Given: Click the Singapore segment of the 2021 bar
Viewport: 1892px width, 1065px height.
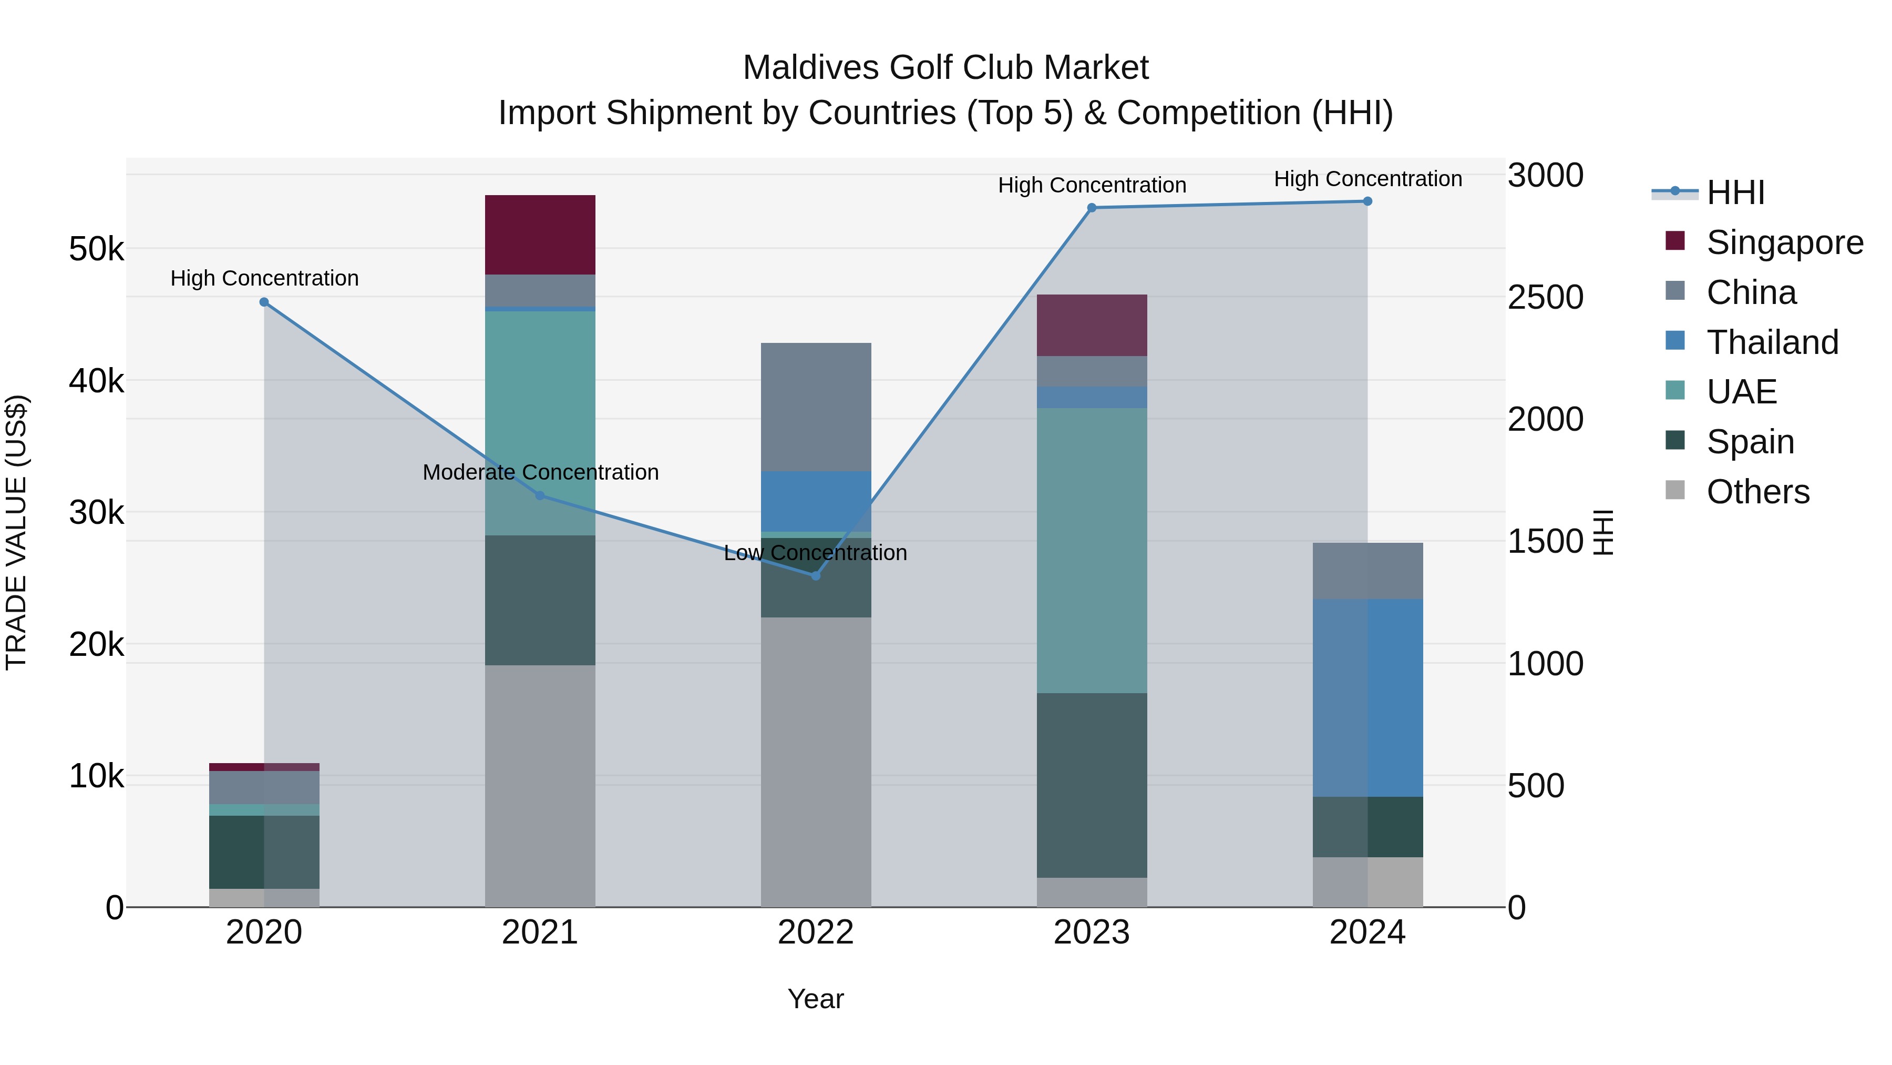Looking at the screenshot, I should pos(540,235).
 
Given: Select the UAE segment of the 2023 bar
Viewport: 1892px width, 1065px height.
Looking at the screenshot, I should pos(1092,551).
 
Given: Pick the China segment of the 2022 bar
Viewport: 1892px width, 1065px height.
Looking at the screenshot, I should pos(816,407).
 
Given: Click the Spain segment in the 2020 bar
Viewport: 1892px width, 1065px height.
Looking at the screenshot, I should pos(264,852).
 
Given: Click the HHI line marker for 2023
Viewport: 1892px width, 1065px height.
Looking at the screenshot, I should pos(1092,208).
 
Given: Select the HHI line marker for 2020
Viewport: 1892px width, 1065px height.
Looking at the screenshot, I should pos(264,302).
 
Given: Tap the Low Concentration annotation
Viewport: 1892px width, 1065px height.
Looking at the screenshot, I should pos(815,553).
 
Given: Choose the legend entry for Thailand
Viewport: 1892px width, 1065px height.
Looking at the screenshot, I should pos(1772,342).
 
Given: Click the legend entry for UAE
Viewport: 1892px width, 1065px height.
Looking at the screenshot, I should pos(1741,392).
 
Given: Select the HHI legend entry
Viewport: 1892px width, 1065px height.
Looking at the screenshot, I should pos(1735,192).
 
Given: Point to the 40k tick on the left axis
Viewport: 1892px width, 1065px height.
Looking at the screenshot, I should pos(96,381).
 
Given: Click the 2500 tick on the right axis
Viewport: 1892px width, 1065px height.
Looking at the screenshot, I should pos(1545,298).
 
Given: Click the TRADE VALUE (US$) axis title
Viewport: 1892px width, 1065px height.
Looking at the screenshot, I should pos(16,532).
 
